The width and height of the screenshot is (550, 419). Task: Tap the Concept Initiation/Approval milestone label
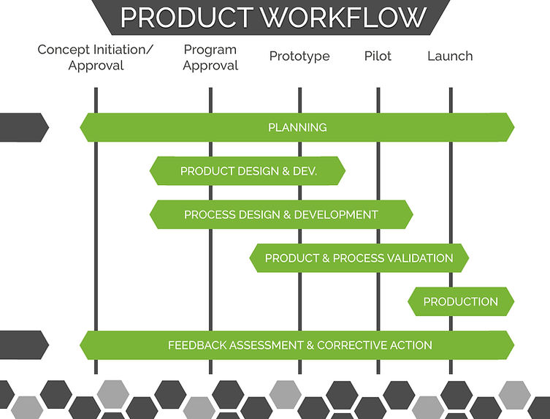[x=96, y=58]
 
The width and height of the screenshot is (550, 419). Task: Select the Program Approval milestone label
[x=210, y=58]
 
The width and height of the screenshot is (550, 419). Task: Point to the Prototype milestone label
[x=299, y=56]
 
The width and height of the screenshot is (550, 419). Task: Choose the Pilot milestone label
[x=378, y=56]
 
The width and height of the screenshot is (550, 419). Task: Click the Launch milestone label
[x=450, y=56]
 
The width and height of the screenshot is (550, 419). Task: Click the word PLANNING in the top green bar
[x=297, y=127]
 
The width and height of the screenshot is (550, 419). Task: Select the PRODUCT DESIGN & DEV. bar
[x=248, y=171]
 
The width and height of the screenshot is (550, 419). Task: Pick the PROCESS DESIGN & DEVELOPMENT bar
[x=281, y=214]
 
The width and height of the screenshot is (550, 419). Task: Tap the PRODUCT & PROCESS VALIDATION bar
[x=359, y=258]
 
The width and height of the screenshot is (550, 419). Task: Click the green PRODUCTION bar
[x=461, y=301]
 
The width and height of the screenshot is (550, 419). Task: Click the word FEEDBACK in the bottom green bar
[x=198, y=345]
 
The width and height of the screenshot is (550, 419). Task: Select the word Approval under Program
[x=210, y=66]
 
